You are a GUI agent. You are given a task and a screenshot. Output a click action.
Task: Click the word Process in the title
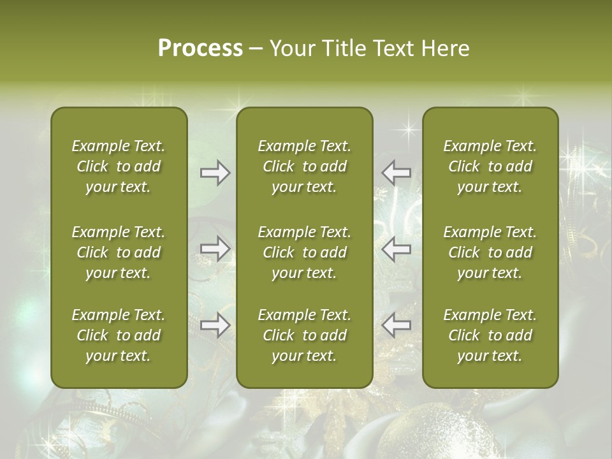[x=200, y=48]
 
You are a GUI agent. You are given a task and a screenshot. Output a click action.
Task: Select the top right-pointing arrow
[x=215, y=173]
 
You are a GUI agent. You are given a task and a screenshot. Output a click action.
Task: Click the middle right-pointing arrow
[x=215, y=249]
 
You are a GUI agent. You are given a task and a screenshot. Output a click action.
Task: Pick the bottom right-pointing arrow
[x=215, y=325]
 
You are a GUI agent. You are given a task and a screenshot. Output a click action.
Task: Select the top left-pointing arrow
[x=397, y=173]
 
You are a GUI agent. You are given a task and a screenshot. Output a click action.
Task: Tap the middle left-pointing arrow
[x=397, y=249]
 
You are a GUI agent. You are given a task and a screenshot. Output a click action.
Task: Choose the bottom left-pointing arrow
[x=397, y=325]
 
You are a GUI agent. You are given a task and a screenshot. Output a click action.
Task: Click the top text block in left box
[x=119, y=166]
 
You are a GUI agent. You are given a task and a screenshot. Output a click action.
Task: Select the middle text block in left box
[x=119, y=252]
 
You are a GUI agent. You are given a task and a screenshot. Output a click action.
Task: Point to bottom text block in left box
[x=119, y=335]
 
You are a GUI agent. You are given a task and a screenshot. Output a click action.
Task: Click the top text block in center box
[x=304, y=166]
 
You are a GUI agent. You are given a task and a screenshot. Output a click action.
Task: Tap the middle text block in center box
[x=304, y=252]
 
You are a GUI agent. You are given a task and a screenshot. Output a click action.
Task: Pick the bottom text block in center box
[x=304, y=335]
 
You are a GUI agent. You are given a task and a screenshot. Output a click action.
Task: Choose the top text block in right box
[x=490, y=166]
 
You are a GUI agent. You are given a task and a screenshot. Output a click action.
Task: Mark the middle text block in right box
[x=490, y=252]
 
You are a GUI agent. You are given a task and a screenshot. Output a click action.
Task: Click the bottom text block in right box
[x=490, y=335]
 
